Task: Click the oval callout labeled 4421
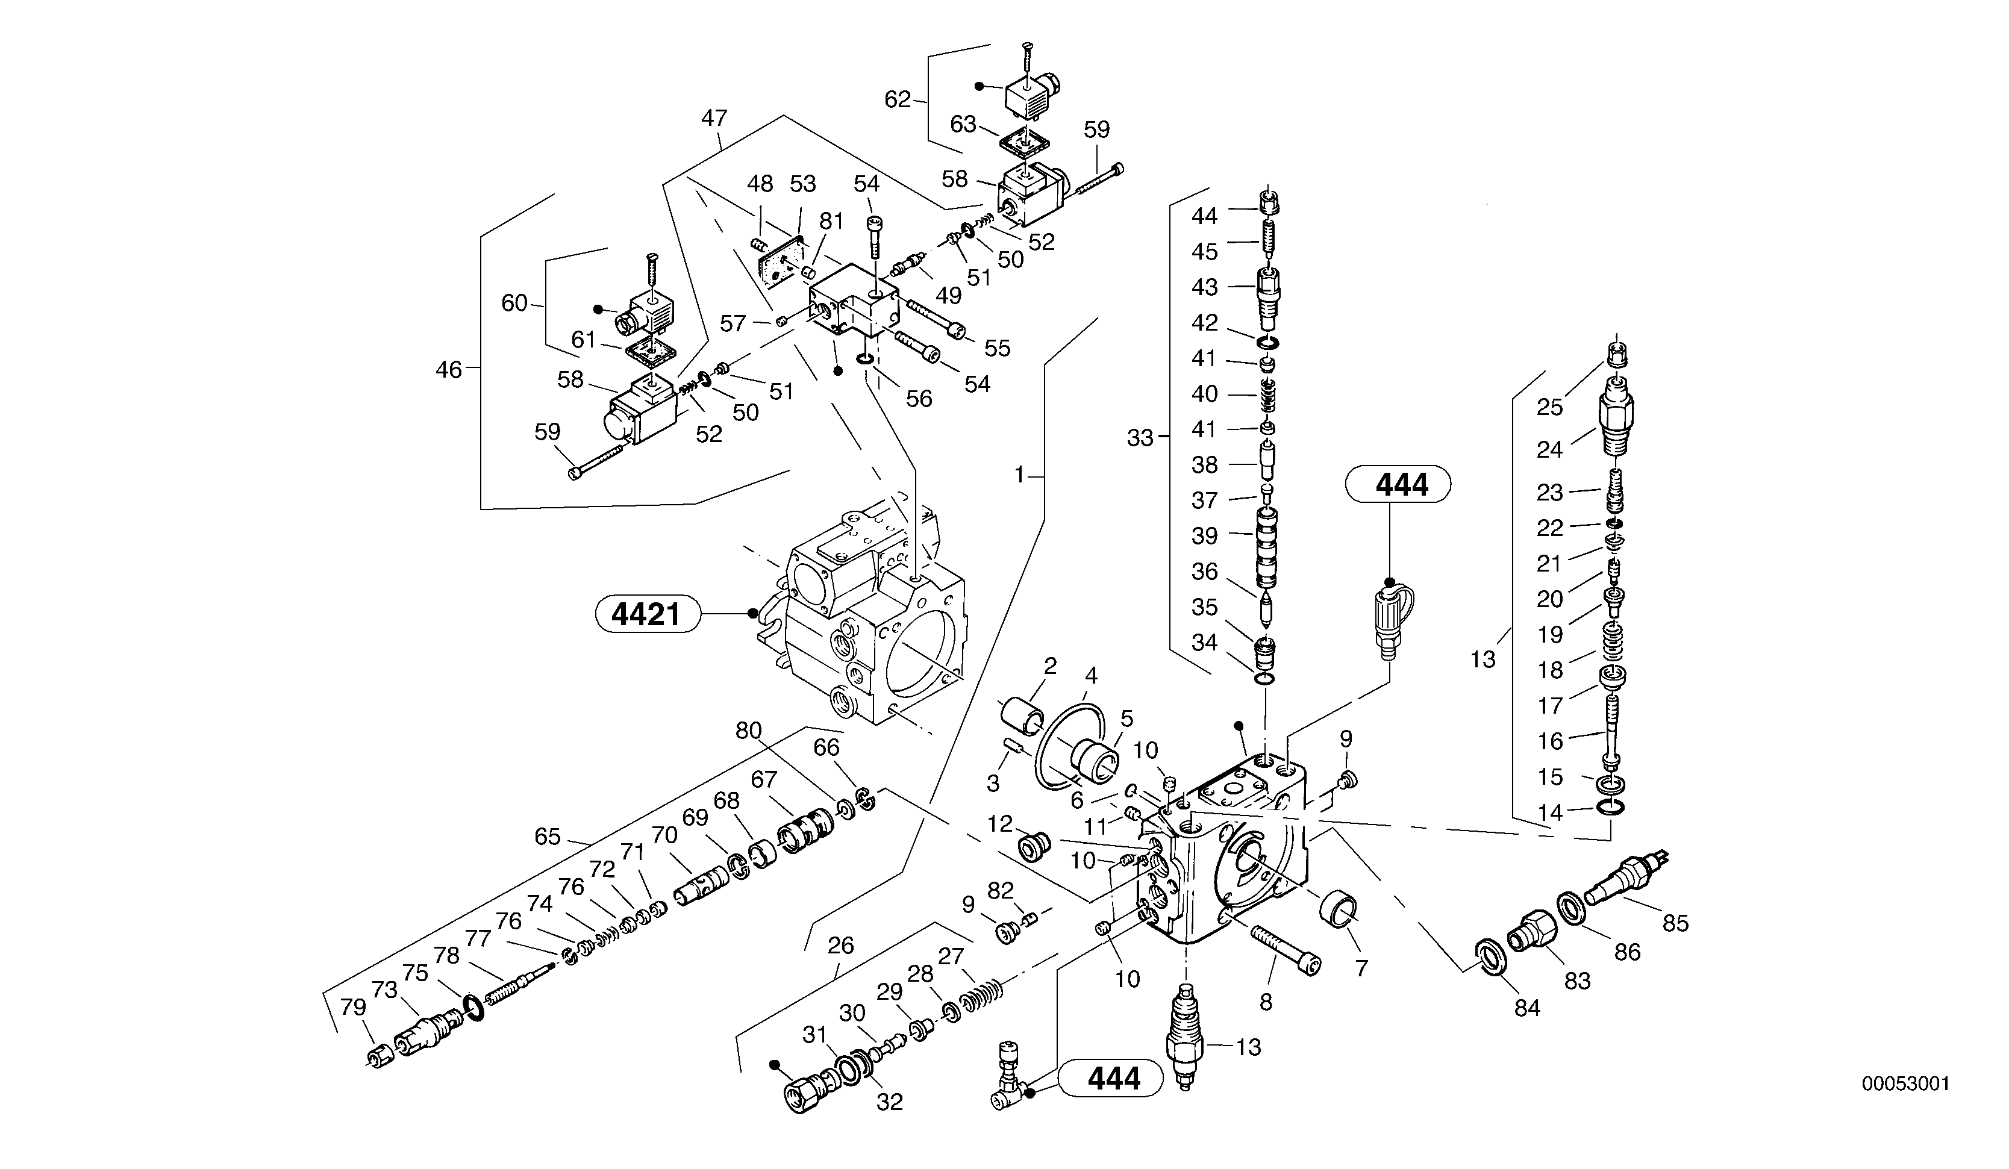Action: [646, 614]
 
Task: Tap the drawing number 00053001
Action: [1905, 1083]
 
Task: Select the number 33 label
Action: [1140, 437]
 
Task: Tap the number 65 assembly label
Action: [548, 837]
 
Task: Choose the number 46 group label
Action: [448, 369]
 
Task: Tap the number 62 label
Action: [897, 99]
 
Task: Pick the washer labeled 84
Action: [1487, 956]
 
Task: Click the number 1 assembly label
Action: [1019, 475]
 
